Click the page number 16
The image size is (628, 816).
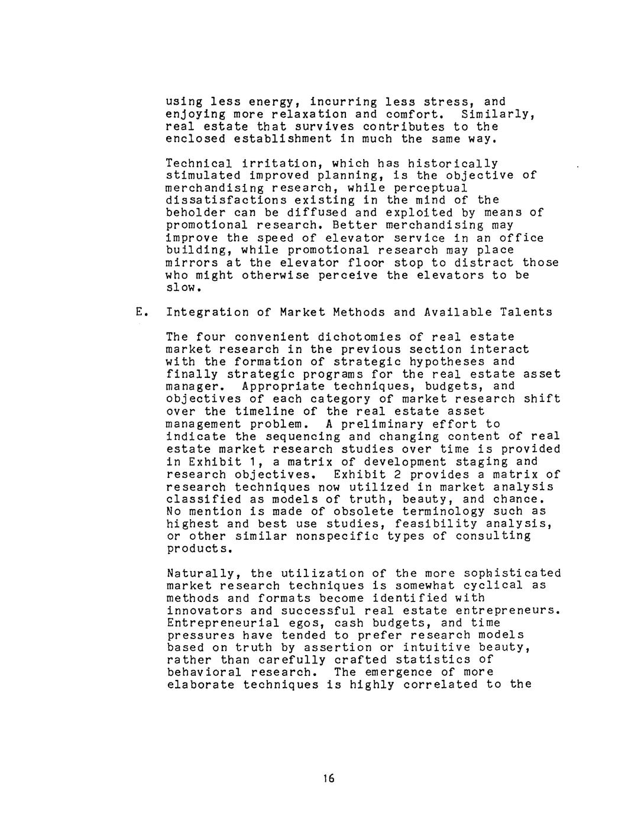[329, 778]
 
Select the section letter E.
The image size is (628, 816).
[140, 312]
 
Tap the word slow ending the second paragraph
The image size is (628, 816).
[182, 288]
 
